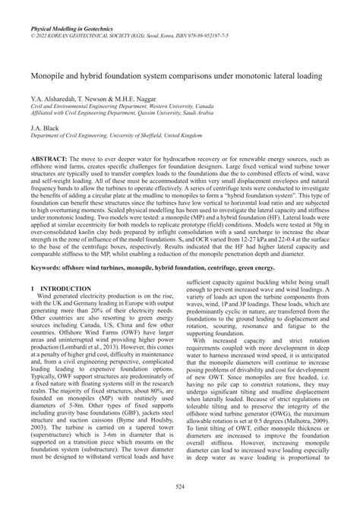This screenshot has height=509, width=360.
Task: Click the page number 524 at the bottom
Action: (x=179, y=486)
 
